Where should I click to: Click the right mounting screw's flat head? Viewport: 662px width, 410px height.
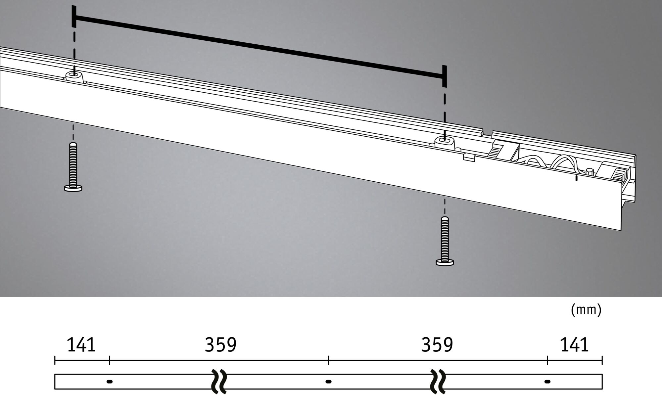pos(445,262)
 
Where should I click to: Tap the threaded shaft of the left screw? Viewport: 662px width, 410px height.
pos(73,164)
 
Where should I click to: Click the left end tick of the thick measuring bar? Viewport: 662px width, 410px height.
pos(74,17)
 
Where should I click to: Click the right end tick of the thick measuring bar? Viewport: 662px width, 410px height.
pos(444,76)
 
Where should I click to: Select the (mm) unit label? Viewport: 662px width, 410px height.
pos(586,310)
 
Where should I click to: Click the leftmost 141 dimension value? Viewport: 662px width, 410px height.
pos(81,345)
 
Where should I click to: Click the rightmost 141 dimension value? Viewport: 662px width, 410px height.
pos(574,345)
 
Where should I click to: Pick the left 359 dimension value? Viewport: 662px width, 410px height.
pos(220,345)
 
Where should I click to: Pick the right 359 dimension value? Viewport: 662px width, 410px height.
pos(437,345)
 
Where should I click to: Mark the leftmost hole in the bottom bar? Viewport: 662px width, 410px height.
pos(110,382)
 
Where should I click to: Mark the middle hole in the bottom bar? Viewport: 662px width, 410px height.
pos(328,382)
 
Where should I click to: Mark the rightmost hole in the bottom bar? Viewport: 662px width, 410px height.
pos(547,382)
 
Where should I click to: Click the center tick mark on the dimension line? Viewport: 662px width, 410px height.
pos(328,360)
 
